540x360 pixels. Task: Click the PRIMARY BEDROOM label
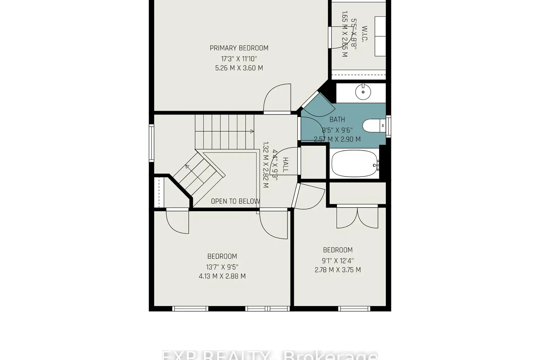tap(239, 48)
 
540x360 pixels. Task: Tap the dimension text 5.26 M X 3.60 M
tap(239, 68)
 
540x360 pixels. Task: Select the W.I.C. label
tap(364, 34)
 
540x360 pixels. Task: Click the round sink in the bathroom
tap(363, 92)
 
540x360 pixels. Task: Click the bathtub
tap(355, 164)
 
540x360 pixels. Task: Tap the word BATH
tap(337, 120)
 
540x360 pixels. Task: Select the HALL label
tap(285, 165)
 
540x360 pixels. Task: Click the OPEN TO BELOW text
tap(235, 201)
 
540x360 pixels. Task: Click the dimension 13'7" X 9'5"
tap(222, 267)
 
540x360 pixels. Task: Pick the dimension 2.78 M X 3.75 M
tap(338, 270)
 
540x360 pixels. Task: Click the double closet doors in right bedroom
tap(357, 217)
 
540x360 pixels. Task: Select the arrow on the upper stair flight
tap(251, 131)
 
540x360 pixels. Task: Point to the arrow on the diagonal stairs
tap(188, 166)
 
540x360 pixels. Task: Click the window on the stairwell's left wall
tap(152, 143)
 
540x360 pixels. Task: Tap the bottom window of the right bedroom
tap(354, 309)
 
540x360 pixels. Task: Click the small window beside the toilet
tap(388, 126)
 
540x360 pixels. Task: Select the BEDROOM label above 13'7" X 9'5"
tap(222, 256)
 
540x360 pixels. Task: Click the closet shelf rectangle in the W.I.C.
tap(380, 36)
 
